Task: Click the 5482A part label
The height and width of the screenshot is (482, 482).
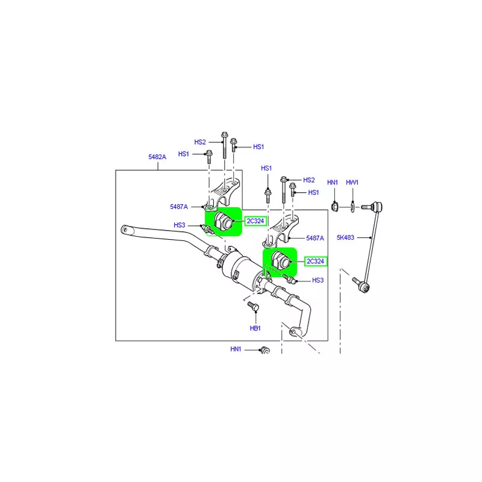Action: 157,157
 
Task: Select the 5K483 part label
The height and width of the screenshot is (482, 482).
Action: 345,237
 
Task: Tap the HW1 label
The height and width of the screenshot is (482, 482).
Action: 352,183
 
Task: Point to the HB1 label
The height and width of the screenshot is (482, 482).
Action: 255,328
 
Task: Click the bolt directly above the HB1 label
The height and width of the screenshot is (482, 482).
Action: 253,307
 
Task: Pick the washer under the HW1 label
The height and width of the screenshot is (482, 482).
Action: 353,207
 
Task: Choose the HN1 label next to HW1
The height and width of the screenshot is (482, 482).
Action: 333,183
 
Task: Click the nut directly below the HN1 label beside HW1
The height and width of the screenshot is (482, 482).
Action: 335,206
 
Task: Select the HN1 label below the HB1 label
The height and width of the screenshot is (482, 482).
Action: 236,349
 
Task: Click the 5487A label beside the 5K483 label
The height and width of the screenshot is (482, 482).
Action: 315,238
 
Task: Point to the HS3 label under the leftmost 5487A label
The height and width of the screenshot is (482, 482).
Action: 179,225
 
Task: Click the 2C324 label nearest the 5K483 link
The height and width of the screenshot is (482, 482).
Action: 315,261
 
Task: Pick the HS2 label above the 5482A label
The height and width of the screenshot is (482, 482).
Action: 200,142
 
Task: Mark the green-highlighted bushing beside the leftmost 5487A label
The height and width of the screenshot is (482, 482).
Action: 224,222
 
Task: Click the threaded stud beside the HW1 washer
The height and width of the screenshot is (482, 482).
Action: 366,207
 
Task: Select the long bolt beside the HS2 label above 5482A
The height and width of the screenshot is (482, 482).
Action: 224,145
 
